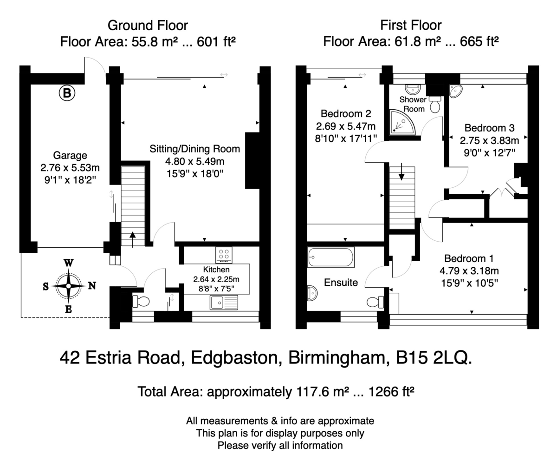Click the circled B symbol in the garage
[x=67, y=93]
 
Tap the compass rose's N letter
[x=92, y=286]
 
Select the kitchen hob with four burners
[x=224, y=255]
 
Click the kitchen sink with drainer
[x=224, y=303]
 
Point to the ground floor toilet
[x=141, y=301]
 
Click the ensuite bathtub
[x=331, y=257]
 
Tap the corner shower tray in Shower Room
[x=402, y=122]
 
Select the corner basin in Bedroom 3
[x=456, y=91]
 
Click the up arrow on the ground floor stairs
[x=132, y=240]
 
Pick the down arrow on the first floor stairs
[x=402, y=172]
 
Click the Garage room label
[x=70, y=155]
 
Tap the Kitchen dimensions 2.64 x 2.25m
[x=216, y=279]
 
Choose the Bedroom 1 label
[x=469, y=258]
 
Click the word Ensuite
[x=341, y=283]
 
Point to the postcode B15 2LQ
[x=434, y=358]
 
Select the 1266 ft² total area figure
[x=391, y=392]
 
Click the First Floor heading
[x=411, y=26]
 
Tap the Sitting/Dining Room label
[x=195, y=149]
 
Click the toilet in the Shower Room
[x=435, y=105]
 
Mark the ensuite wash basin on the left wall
[x=312, y=293]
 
